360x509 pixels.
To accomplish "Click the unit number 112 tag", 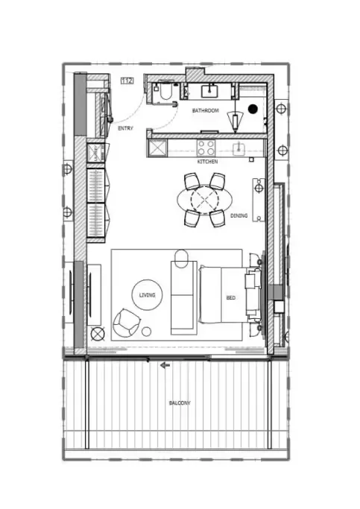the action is point(127,80).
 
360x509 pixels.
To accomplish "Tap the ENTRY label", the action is point(126,128).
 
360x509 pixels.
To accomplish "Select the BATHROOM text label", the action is point(206,111).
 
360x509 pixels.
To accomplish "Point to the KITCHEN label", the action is point(207,161).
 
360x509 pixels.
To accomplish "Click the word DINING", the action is point(239,215).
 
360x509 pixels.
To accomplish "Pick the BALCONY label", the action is point(180,403).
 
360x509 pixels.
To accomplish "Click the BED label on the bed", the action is point(231,297).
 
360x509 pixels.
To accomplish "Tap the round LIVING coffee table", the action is point(147,295).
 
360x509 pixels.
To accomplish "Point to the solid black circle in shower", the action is point(253,109).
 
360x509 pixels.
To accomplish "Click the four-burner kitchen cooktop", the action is point(206,148).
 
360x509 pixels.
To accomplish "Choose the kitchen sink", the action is point(240,148).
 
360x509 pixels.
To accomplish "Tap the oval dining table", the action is point(205,200).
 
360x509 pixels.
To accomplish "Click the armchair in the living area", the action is point(126,323).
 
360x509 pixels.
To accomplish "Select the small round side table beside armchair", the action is point(146,332).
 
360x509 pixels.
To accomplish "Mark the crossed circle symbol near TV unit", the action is point(98,334).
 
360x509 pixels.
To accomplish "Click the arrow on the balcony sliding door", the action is point(165,365).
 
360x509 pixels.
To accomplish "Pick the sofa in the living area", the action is point(184,297).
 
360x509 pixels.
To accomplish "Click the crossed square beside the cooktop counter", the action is point(157,148).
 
